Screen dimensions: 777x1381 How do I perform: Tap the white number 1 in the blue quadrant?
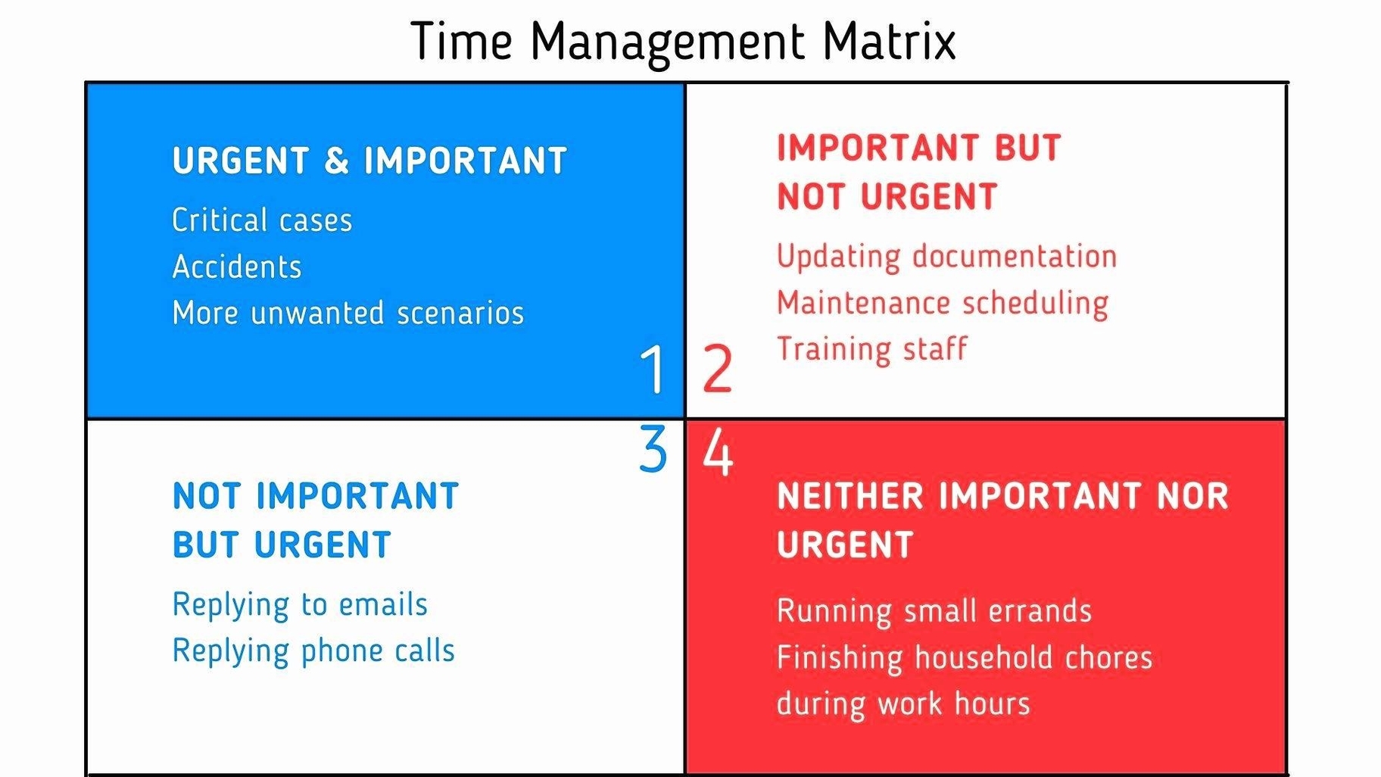tap(653, 369)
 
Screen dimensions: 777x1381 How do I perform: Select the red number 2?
tap(718, 369)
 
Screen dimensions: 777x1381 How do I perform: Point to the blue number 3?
tap(653, 449)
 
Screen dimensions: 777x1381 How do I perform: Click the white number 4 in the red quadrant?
tap(718, 452)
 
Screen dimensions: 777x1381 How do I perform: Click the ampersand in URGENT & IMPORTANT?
tap(336, 161)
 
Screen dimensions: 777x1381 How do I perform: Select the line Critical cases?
tap(262, 220)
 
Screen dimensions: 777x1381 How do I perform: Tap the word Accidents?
tap(237, 267)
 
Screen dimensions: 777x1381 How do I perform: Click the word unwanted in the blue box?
tap(317, 313)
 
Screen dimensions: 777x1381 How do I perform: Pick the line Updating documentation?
tap(946, 256)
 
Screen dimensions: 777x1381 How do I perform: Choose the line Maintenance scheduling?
tap(943, 303)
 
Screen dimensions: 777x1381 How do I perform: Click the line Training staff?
tap(872, 349)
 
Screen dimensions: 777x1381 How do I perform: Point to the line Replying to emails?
tap(300, 604)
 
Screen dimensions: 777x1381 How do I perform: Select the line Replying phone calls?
tap(313, 651)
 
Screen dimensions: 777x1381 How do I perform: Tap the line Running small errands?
tap(934, 610)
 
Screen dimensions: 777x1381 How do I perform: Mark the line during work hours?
tap(903, 704)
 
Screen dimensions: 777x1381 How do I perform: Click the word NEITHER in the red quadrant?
tap(850, 497)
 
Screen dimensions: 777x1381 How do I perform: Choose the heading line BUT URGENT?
tap(282, 545)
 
